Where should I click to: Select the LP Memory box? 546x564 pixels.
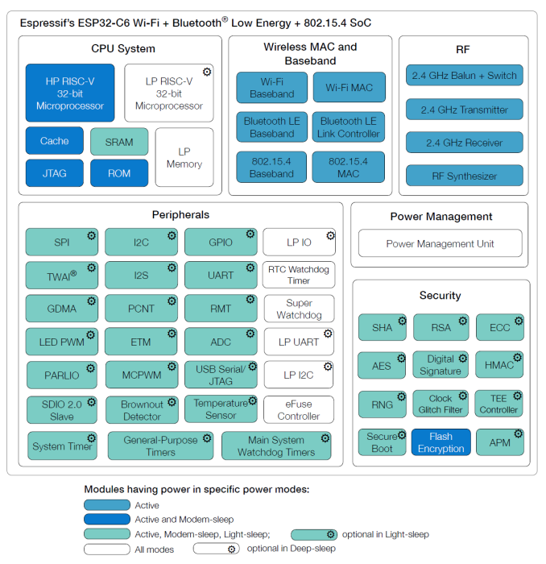tap(184, 157)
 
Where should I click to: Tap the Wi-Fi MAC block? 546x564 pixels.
tap(349, 87)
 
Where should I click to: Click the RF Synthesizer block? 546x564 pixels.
tap(464, 176)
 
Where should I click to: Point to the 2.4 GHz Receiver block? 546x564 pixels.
tap(464, 143)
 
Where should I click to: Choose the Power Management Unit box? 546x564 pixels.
tap(440, 243)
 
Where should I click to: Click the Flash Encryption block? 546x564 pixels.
tap(441, 442)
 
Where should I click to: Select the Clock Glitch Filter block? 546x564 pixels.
tap(441, 404)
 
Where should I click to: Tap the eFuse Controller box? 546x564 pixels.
tap(299, 409)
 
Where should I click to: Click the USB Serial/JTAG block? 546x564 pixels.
tap(221, 375)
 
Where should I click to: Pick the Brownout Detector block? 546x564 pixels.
tap(142, 409)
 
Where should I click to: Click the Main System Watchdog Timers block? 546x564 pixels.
tap(276, 446)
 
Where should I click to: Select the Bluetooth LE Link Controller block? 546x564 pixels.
tap(349, 126)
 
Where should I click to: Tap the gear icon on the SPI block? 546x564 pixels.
tap(91, 235)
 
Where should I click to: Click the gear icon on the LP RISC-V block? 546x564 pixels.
tap(207, 73)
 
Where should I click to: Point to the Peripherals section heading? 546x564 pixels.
tap(180, 214)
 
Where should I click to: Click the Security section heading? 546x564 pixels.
tap(440, 295)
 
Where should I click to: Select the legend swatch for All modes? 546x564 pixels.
tap(106, 549)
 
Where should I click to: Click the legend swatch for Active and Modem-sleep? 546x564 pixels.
tap(106, 520)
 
